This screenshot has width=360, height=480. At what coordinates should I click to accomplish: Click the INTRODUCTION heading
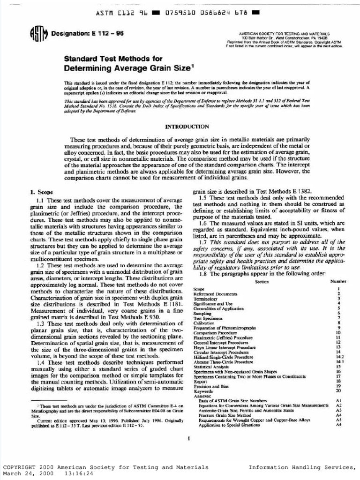[187, 127]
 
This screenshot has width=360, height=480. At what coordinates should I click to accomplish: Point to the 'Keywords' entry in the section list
[203, 390]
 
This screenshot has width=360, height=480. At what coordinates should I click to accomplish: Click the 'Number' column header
[338, 281]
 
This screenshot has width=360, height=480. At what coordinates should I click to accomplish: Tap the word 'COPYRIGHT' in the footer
[19, 467]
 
